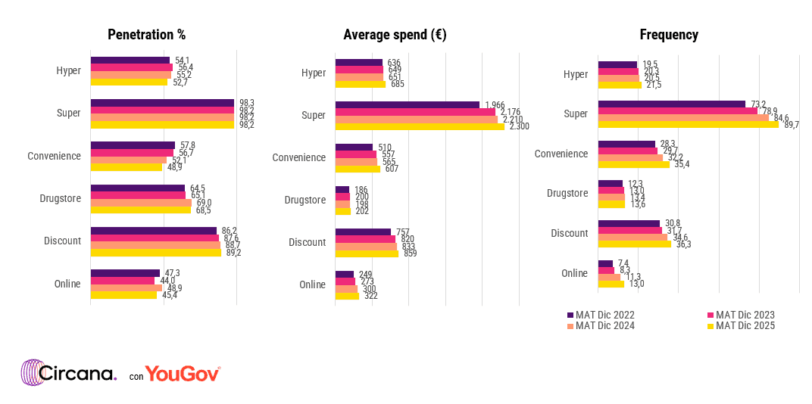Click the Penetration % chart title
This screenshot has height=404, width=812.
[x=146, y=35]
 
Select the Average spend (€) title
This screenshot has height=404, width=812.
[x=394, y=35]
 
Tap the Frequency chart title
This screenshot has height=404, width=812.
[x=669, y=35]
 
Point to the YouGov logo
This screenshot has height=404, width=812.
[x=183, y=374]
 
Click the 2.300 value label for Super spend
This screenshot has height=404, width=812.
[x=520, y=126]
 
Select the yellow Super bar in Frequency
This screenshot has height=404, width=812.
[x=688, y=125]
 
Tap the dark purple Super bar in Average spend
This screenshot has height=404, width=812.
[x=408, y=104]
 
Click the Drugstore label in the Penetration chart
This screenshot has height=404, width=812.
[x=61, y=199]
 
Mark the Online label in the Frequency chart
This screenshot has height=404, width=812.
[x=575, y=273]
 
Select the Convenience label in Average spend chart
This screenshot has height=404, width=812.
[x=298, y=157]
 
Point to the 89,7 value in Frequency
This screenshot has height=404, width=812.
[x=792, y=125]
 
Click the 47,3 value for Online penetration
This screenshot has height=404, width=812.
[x=172, y=273]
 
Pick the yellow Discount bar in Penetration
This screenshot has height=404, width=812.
[x=155, y=253]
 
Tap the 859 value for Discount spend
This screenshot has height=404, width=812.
[x=410, y=253]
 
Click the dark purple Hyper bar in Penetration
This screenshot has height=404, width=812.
[x=130, y=61]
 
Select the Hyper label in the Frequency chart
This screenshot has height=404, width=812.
[x=576, y=74]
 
